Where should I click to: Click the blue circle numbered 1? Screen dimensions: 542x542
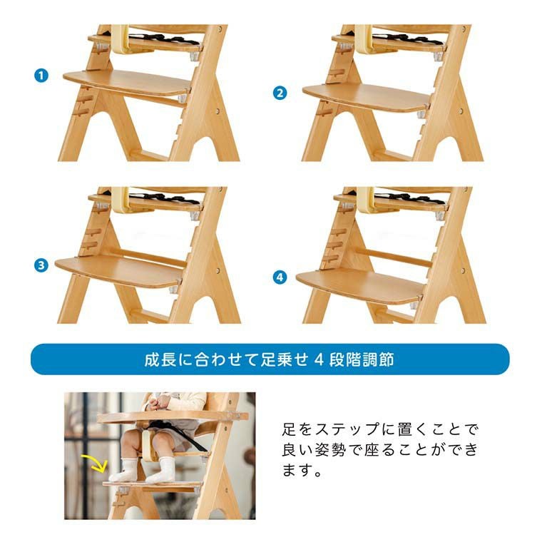[x=41, y=76]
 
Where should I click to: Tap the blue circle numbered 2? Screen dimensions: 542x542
[x=280, y=93]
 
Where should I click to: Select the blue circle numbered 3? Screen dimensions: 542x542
[x=41, y=265]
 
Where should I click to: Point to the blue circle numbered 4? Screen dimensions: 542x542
[x=280, y=277]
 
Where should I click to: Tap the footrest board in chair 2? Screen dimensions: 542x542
[x=367, y=98]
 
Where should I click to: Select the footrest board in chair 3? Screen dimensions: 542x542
[x=118, y=272]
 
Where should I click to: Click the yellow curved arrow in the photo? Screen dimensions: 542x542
[x=94, y=463]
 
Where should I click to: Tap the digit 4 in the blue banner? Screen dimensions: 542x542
[x=319, y=359]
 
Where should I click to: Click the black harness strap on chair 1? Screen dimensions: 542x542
[x=164, y=39]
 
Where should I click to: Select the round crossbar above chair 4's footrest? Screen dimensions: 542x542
[x=394, y=257]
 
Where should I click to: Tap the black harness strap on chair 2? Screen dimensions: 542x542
[x=408, y=39]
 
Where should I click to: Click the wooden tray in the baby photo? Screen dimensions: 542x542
[x=173, y=417]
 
